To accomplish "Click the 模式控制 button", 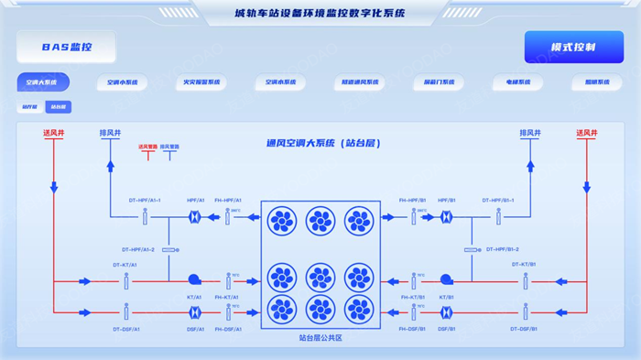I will [573, 48].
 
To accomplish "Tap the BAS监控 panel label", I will [66, 47].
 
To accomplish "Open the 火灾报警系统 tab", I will [201, 82].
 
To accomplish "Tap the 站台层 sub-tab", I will [58, 107].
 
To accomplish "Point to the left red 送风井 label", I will [53, 134].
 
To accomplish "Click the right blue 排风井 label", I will [530, 134].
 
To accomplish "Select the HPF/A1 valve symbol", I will [195, 217].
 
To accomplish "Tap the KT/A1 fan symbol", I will [194, 280].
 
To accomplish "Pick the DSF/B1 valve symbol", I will [446, 312].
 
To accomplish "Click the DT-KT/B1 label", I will [525, 265].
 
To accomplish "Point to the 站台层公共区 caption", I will [320, 338].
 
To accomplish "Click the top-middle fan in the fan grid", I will [320, 222].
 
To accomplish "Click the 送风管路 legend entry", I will [147, 147].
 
